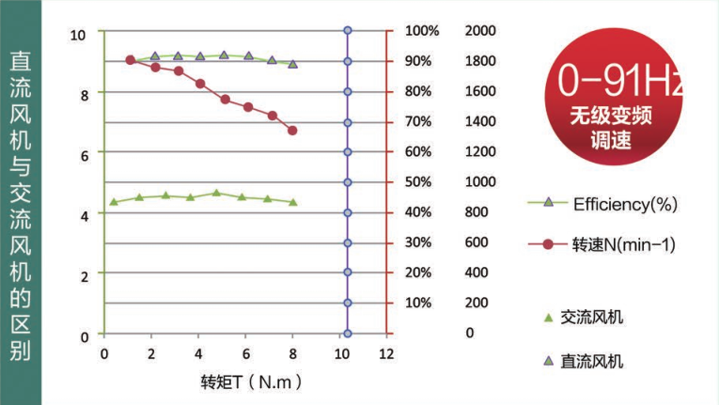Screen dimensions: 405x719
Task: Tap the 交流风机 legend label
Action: tap(591, 318)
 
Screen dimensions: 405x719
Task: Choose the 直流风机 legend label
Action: tap(591, 362)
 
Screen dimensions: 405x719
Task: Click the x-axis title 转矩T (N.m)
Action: tap(252, 382)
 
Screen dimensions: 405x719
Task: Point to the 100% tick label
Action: tap(422, 31)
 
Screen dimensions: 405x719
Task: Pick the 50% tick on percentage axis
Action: tap(418, 181)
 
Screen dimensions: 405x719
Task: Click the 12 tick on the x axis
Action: tap(385, 355)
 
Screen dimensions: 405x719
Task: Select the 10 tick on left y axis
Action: tap(79, 35)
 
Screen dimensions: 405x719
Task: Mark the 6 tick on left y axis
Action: tap(83, 155)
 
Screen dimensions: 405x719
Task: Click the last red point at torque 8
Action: tap(292, 131)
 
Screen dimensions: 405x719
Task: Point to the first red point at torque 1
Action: tap(130, 60)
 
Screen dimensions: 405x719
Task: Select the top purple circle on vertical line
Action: tap(348, 30)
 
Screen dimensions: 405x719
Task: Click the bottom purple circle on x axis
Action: tap(348, 334)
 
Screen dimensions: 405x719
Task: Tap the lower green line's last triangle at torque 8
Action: tap(292, 202)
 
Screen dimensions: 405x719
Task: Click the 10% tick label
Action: tap(418, 303)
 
